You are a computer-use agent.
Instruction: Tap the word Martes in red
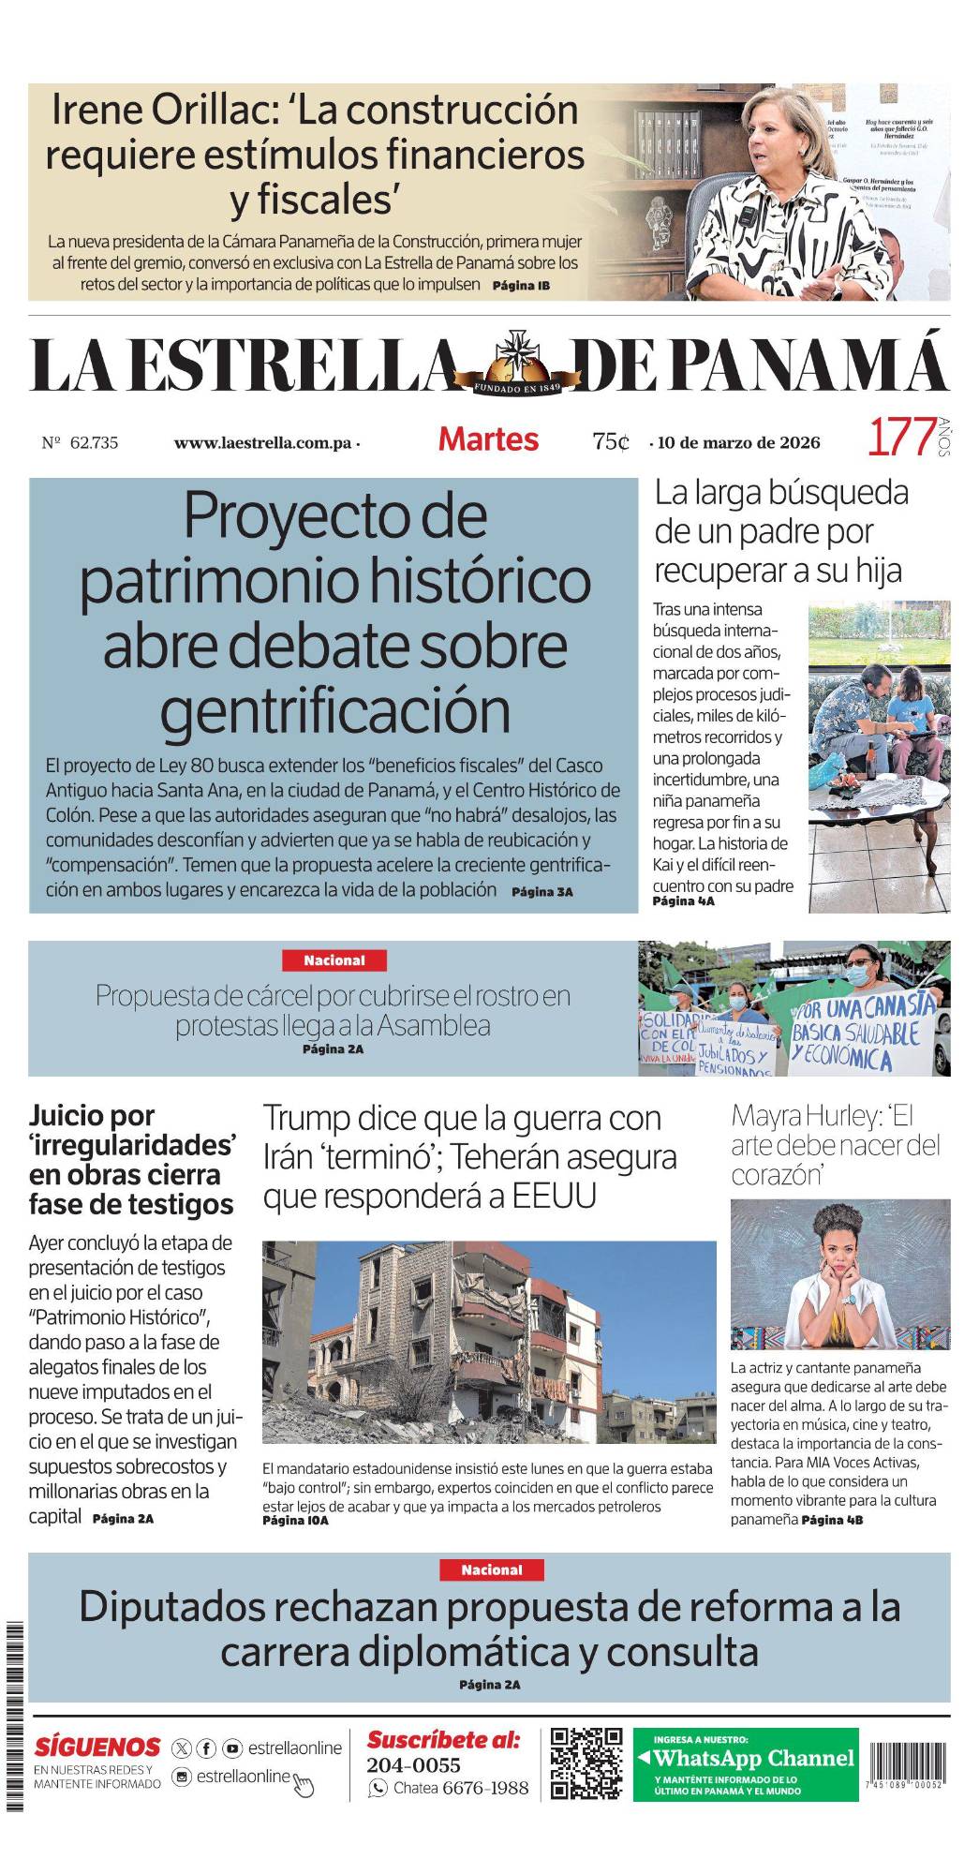point(488,439)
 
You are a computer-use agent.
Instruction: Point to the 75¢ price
point(611,441)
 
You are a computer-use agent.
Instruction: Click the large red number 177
point(901,438)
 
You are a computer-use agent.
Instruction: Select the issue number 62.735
point(94,443)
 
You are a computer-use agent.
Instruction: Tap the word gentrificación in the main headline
point(334,712)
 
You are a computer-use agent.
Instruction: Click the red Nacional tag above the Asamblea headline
point(334,960)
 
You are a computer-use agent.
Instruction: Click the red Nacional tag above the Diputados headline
point(492,1569)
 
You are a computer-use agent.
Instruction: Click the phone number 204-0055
point(413,1765)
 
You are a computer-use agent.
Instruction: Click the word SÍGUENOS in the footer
point(97,1747)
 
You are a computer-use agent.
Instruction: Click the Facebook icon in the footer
point(206,1748)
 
